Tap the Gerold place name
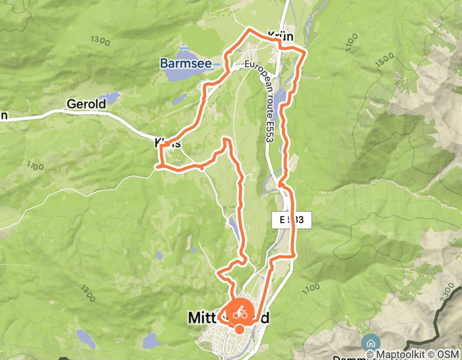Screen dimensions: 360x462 click(x=86, y=104)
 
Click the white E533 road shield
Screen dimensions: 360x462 click(x=292, y=220)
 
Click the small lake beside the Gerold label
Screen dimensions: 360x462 click(x=110, y=97)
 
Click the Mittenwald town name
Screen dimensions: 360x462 click(x=228, y=319)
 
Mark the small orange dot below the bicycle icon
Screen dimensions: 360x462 click(x=240, y=329)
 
